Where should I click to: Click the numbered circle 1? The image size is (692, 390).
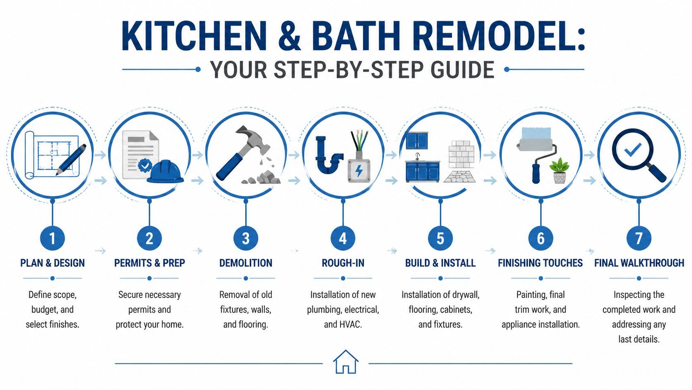pyautogui.click(x=52, y=238)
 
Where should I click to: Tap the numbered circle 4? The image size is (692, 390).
pyautogui.click(x=343, y=238)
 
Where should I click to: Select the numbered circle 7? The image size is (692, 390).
pyautogui.click(x=639, y=238)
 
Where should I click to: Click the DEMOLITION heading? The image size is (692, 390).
pyautogui.click(x=245, y=263)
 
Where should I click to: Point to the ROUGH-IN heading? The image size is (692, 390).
pyautogui.click(x=343, y=263)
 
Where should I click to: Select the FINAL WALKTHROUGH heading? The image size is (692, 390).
pyautogui.click(x=639, y=263)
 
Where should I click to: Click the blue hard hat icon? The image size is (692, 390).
pyautogui.click(x=165, y=172)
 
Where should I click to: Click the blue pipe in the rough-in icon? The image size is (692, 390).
pyautogui.click(x=327, y=157)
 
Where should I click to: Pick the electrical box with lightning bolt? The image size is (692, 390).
pyautogui.click(x=358, y=170)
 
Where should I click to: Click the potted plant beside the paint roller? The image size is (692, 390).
pyautogui.click(x=559, y=170)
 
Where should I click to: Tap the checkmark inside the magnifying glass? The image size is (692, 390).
pyautogui.click(x=632, y=149)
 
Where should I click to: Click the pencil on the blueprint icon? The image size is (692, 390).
pyautogui.click(x=71, y=159)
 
